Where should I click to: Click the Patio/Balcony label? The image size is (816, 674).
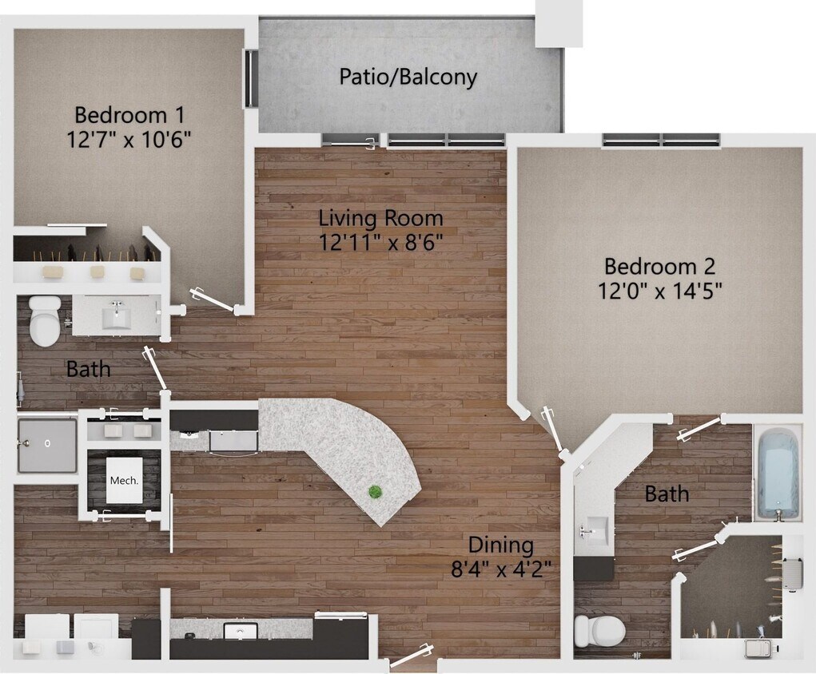pyautogui.click(x=408, y=77)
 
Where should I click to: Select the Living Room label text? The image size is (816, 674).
pyautogui.click(x=380, y=217)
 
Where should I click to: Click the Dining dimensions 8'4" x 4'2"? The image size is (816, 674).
pyautogui.click(x=500, y=569)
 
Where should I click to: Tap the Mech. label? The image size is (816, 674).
pyautogui.click(x=124, y=481)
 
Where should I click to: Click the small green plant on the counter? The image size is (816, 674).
pyautogui.click(x=374, y=493)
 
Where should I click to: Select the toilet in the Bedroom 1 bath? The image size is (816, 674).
pyautogui.click(x=44, y=320)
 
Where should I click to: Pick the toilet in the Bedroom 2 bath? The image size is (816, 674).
pyautogui.click(x=599, y=631)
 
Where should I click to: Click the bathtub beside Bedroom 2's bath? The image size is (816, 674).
pyautogui.click(x=777, y=472)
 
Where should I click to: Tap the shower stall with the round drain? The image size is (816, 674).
pyautogui.click(x=47, y=444)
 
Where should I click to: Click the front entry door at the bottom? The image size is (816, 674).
pyautogui.click(x=412, y=656)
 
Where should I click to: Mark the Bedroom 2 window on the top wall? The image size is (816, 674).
pyautogui.click(x=661, y=141)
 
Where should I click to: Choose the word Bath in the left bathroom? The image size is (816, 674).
pyautogui.click(x=88, y=370)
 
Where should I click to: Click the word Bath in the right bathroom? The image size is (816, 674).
pyautogui.click(x=667, y=494)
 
